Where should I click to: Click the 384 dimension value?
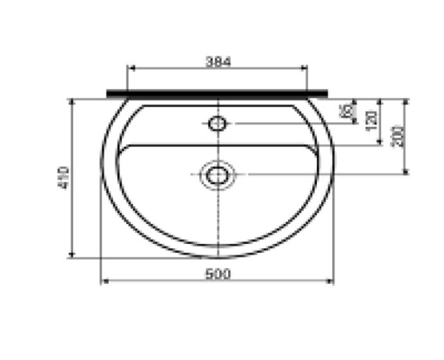pos(218,63)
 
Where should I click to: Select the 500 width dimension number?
pos(217,274)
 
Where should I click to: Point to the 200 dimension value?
pos(399,135)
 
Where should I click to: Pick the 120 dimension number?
pos(372,116)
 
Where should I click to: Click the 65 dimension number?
pos(346,112)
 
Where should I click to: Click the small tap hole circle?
pos(217,123)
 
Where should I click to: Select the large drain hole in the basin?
pos(217,175)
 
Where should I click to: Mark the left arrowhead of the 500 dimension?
pos(104,281)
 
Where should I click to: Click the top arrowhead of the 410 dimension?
pos(72,101)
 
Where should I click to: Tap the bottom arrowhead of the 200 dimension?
pos(406,171)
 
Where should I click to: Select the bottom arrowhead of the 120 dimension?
pos(380,143)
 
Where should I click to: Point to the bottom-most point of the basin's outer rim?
pos(217,257)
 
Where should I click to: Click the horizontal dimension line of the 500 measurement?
pos(163,281)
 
